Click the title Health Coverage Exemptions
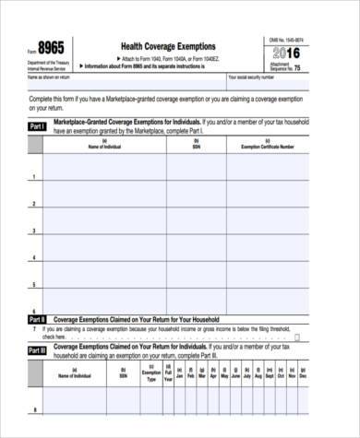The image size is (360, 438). click(168, 46)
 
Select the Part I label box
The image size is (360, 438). click(38, 125)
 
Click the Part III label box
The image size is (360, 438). click(38, 351)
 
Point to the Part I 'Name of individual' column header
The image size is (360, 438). click(103, 145)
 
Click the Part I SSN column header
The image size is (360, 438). click(196, 145)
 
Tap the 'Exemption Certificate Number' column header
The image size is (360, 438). click(268, 145)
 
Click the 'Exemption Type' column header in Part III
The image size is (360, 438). click(150, 375)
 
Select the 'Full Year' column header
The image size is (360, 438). click(168, 375)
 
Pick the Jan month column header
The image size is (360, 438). click(181, 375)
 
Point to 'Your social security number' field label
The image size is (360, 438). click(251, 77)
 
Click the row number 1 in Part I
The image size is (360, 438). click(34, 176)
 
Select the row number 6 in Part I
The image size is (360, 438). click(34, 311)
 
